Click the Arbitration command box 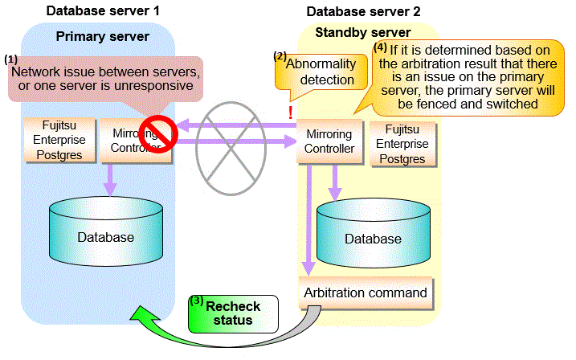[366, 292]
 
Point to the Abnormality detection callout [319, 72]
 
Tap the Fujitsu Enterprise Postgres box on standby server [402, 143]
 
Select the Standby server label [364, 32]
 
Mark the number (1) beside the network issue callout [10, 60]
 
